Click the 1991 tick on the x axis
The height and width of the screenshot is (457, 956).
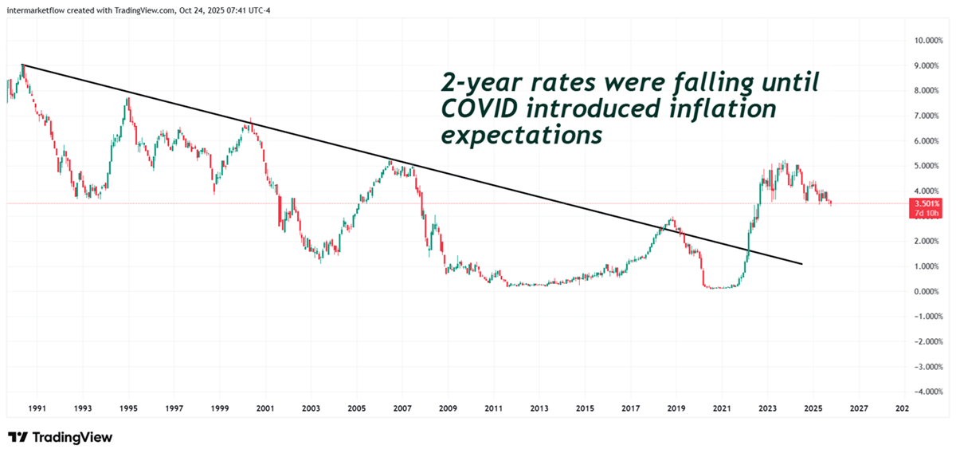point(37,408)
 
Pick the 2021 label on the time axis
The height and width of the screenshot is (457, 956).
point(722,408)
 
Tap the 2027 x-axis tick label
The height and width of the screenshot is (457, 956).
point(858,408)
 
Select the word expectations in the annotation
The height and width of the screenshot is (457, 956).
point(521,136)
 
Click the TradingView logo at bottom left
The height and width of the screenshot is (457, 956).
point(61,437)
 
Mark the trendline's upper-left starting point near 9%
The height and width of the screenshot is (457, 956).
point(22,65)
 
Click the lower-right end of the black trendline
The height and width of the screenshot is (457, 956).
point(801,264)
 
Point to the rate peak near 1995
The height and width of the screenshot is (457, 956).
point(127,98)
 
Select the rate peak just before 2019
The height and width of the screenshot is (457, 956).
point(672,218)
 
